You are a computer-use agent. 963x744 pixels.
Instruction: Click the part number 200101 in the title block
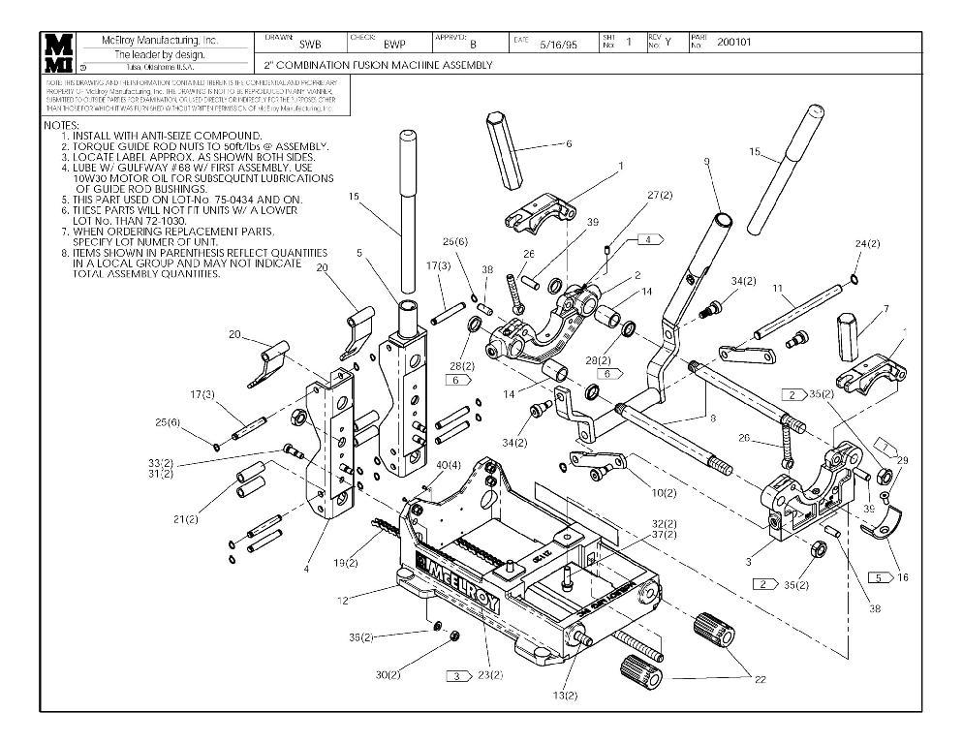[x=735, y=43]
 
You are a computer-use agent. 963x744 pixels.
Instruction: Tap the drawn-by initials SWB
[x=309, y=45]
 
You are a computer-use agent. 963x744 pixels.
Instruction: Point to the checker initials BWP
[x=393, y=45]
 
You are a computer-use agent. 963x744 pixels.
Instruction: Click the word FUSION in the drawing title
[x=372, y=65]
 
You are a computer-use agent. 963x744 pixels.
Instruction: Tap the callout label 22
[x=760, y=678]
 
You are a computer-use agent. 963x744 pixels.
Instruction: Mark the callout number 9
[x=707, y=161]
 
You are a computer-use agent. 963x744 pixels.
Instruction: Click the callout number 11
[x=777, y=289]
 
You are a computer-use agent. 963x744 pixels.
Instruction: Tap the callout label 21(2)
[x=186, y=520]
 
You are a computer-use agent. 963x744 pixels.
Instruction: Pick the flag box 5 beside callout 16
[x=878, y=577]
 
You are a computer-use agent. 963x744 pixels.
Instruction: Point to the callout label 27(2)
[x=660, y=196]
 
